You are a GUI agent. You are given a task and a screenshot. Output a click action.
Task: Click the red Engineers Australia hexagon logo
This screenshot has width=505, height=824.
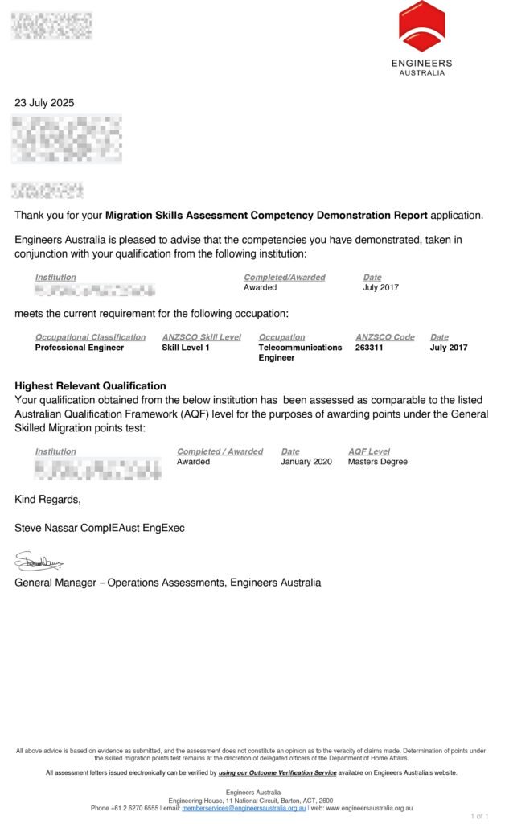(x=421, y=27)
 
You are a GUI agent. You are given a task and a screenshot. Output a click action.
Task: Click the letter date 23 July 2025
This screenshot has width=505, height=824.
(x=45, y=103)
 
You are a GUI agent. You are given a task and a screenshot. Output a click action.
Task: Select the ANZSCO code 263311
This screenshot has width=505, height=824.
(x=372, y=348)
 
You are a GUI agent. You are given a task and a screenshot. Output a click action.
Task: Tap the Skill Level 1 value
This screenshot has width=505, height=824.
(x=186, y=348)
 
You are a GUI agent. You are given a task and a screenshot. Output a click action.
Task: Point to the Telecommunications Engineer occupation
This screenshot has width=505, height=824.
(x=300, y=352)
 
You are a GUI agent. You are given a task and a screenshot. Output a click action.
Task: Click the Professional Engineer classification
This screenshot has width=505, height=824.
(x=80, y=348)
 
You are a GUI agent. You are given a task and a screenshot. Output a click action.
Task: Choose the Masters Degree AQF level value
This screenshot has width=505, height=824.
(x=377, y=462)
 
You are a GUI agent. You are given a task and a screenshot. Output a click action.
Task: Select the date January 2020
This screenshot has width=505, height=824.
(x=306, y=462)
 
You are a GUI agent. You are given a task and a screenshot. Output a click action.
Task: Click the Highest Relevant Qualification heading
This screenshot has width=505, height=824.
(x=90, y=386)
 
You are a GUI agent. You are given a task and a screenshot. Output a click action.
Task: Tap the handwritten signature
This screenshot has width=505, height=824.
(x=39, y=562)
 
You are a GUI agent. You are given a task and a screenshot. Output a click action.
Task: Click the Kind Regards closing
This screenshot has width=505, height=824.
(x=47, y=500)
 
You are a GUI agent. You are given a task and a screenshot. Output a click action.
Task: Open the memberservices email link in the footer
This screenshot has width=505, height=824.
(x=244, y=808)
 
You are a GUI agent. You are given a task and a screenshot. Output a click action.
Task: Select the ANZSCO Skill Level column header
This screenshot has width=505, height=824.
(x=201, y=337)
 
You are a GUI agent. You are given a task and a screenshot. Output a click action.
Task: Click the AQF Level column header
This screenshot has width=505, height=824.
(x=368, y=451)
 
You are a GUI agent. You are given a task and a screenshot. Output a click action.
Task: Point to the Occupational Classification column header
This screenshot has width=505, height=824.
(x=90, y=337)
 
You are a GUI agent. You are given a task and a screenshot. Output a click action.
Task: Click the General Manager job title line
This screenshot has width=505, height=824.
(x=167, y=583)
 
